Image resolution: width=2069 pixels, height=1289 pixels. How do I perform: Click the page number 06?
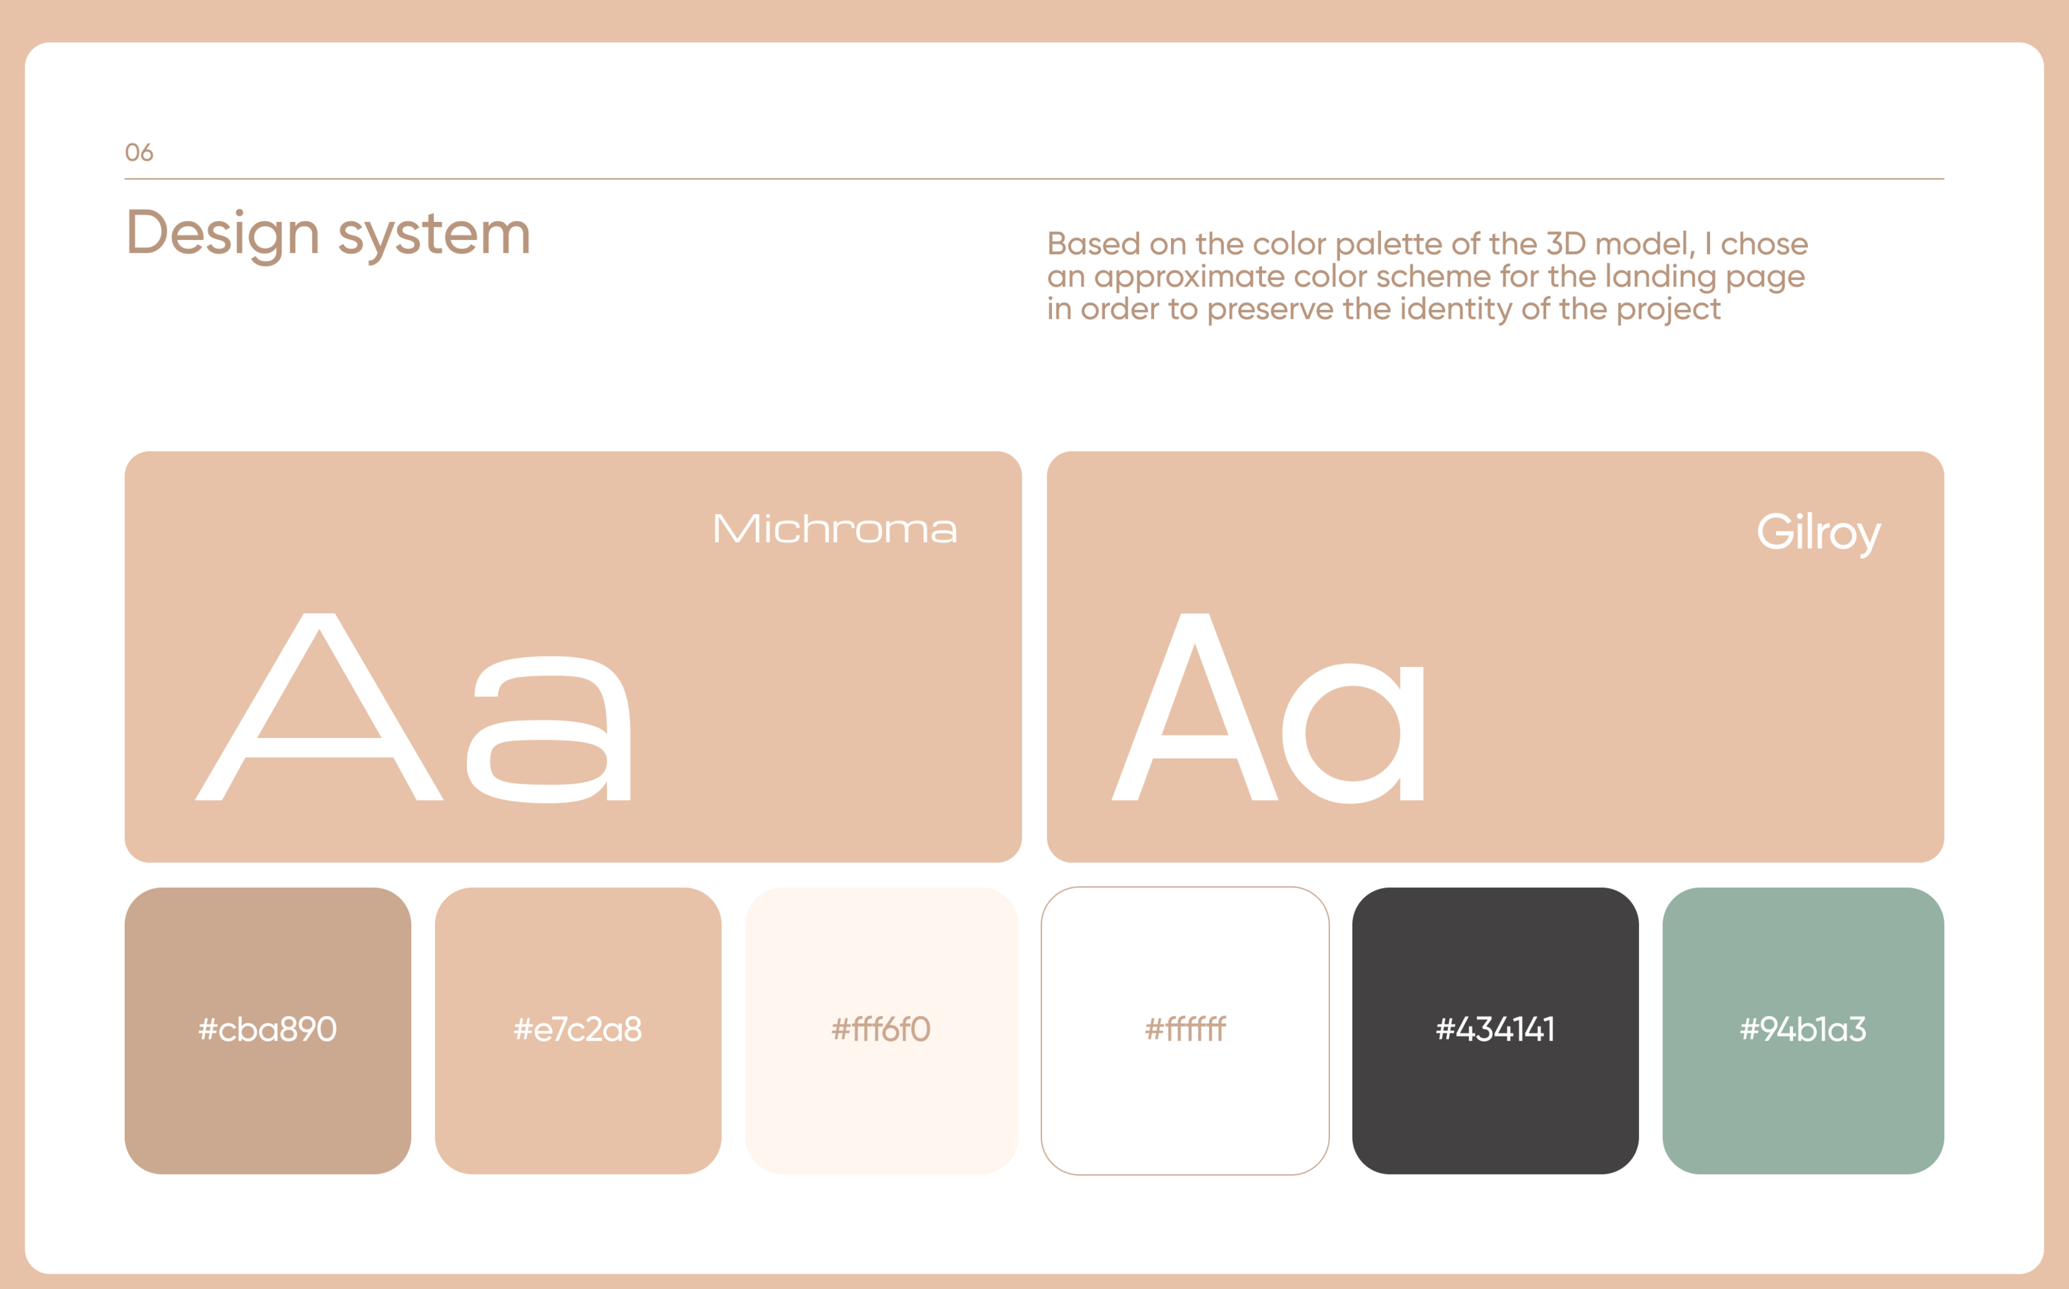(139, 153)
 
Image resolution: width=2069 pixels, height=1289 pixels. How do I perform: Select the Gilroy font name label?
(1819, 533)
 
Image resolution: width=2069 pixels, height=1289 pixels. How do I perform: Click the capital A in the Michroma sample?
(319, 707)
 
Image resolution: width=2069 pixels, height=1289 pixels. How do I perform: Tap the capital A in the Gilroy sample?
(1195, 707)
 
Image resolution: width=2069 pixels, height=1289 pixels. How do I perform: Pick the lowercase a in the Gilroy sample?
(1353, 733)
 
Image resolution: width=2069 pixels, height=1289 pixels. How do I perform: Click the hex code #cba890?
(268, 1030)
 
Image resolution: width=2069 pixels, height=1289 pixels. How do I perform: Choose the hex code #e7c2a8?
(578, 1030)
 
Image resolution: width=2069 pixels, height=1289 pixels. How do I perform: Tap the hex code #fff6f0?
(881, 1030)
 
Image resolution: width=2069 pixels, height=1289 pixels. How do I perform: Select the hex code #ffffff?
(1185, 1030)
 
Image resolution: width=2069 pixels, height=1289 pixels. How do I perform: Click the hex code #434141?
(1495, 1030)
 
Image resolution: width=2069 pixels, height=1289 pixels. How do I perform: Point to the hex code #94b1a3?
(1803, 1030)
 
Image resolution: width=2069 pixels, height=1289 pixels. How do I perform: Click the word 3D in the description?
(1565, 244)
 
